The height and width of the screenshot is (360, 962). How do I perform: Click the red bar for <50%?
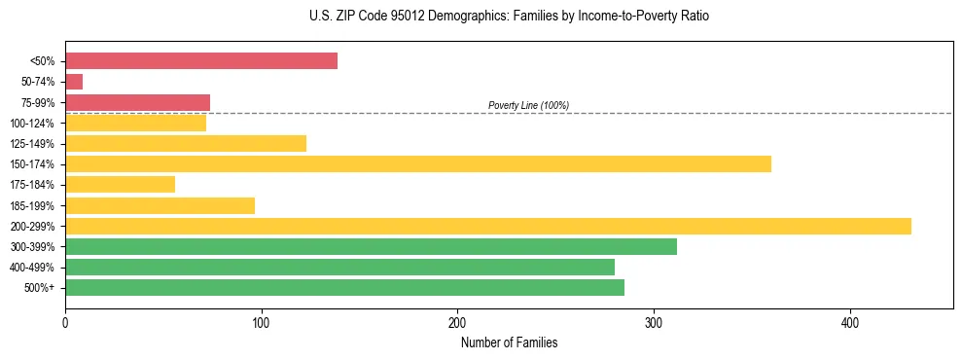[x=201, y=61]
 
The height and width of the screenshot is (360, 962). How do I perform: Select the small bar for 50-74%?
[x=74, y=82]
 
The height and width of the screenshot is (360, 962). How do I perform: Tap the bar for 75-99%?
[x=137, y=102]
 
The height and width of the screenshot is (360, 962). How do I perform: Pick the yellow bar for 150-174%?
[x=418, y=163]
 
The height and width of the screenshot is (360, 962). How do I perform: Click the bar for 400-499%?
[x=339, y=267]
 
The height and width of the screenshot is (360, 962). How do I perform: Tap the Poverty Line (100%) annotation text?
[x=528, y=105]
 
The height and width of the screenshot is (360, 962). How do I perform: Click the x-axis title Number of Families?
[x=509, y=342]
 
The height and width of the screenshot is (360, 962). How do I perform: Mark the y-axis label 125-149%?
[x=32, y=144]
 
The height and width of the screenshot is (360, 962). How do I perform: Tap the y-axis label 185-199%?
[x=32, y=205]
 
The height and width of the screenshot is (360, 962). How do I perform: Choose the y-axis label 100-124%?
[x=32, y=124]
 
